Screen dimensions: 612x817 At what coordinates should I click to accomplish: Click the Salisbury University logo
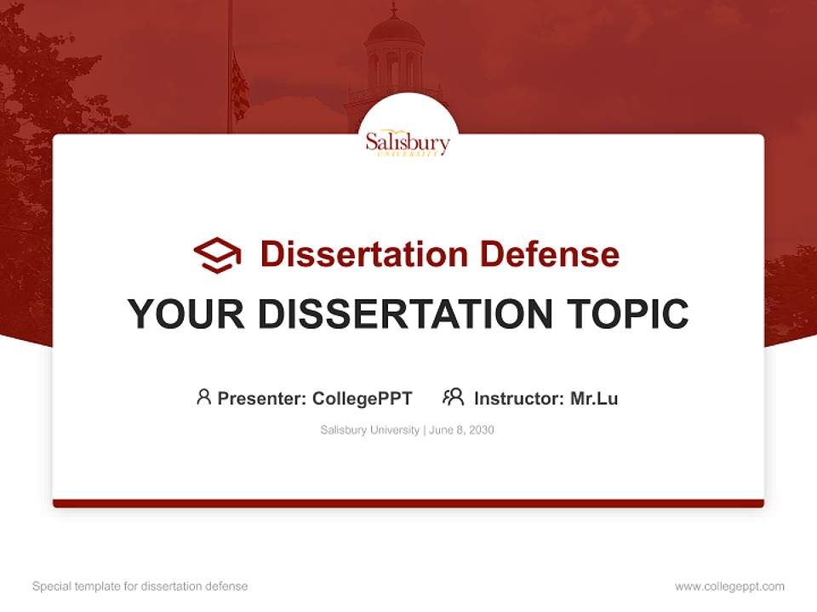408,142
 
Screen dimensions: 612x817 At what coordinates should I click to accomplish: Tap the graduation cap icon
217,254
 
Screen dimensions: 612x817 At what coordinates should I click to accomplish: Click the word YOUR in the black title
186,314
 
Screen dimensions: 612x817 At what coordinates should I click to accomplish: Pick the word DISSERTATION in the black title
404,314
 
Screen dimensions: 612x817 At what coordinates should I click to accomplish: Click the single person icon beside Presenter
203,397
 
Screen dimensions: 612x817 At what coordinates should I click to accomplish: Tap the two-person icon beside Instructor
453,397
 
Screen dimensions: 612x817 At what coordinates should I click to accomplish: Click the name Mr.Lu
594,398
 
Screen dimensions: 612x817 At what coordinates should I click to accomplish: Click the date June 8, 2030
461,430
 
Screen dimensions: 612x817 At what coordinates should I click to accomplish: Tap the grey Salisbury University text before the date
369,430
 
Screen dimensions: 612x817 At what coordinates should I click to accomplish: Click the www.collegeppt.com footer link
729,586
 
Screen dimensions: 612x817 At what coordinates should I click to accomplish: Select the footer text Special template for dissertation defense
140,586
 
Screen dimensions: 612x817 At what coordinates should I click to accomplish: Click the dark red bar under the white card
408,503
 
